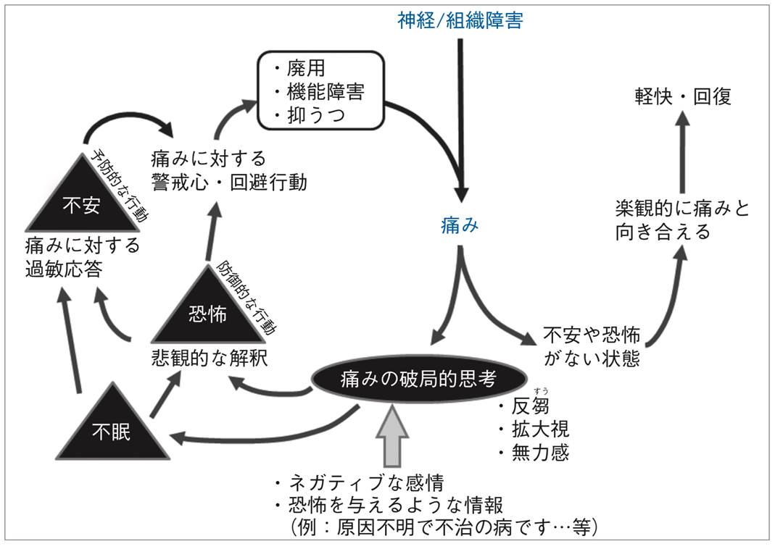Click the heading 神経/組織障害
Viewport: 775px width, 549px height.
point(460,20)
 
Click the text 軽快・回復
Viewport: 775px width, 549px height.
point(683,96)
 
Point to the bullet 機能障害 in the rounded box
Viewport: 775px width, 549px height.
point(319,92)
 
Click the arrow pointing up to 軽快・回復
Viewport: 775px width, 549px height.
point(682,148)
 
